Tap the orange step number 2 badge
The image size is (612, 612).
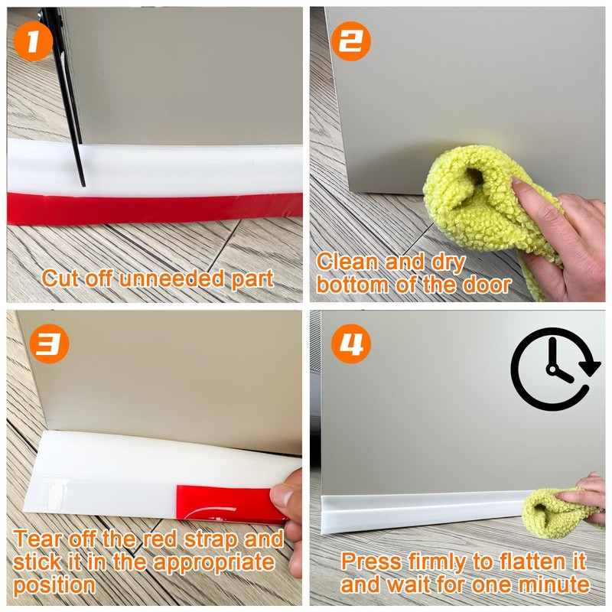pos(350,44)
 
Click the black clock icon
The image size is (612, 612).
pos(555,369)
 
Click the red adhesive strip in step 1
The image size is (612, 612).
pos(153,208)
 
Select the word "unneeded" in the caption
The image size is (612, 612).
pos(180,278)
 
